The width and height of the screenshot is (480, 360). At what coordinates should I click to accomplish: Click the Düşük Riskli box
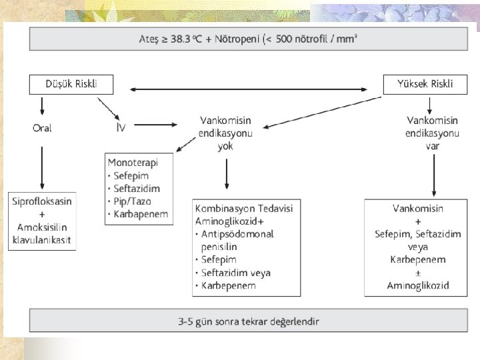click(x=71, y=84)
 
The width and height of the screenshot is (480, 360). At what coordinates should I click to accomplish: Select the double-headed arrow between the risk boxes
click(x=248, y=89)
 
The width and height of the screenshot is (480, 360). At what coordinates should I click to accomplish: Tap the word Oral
click(x=42, y=128)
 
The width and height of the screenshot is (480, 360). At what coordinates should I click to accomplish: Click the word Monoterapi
click(x=131, y=161)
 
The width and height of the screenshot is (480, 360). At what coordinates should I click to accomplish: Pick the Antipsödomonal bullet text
click(x=238, y=234)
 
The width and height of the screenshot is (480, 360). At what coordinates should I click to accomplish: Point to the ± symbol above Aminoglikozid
click(x=419, y=273)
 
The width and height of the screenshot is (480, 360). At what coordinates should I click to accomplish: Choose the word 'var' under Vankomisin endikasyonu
click(x=432, y=147)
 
